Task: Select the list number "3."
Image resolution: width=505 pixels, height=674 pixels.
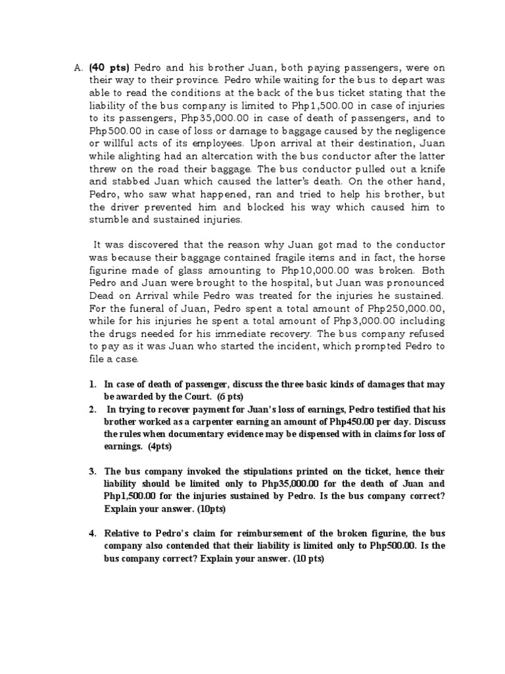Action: coord(92,471)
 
